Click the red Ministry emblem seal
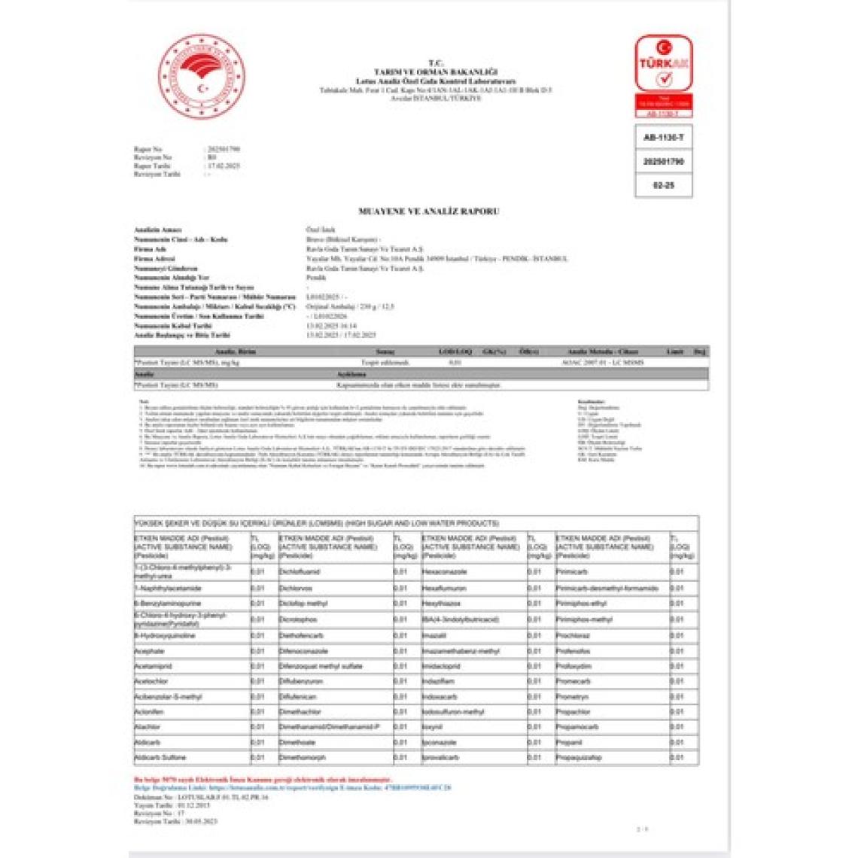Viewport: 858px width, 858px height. pyautogui.click(x=201, y=75)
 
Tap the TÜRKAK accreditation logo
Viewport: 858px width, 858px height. pyautogui.click(x=663, y=64)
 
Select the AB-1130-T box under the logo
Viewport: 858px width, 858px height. pyautogui.click(x=663, y=138)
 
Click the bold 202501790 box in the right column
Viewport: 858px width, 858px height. pyautogui.click(x=663, y=162)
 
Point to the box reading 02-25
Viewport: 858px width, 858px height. pyautogui.click(x=663, y=185)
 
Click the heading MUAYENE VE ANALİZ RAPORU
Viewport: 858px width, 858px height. pyautogui.click(x=428, y=211)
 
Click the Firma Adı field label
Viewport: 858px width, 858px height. pyautogui.click(x=150, y=249)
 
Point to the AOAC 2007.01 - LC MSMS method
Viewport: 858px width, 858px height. pyautogui.click(x=602, y=362)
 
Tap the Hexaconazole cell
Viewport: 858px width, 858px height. pyautogui.click(x=444, y=572)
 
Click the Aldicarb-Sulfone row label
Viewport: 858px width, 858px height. pyautogui.click(x=160, y=757)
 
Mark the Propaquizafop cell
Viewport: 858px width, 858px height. pyautogui.click(x=579, y=757)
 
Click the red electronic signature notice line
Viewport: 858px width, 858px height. pyautogui.click(x=263, y=779)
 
